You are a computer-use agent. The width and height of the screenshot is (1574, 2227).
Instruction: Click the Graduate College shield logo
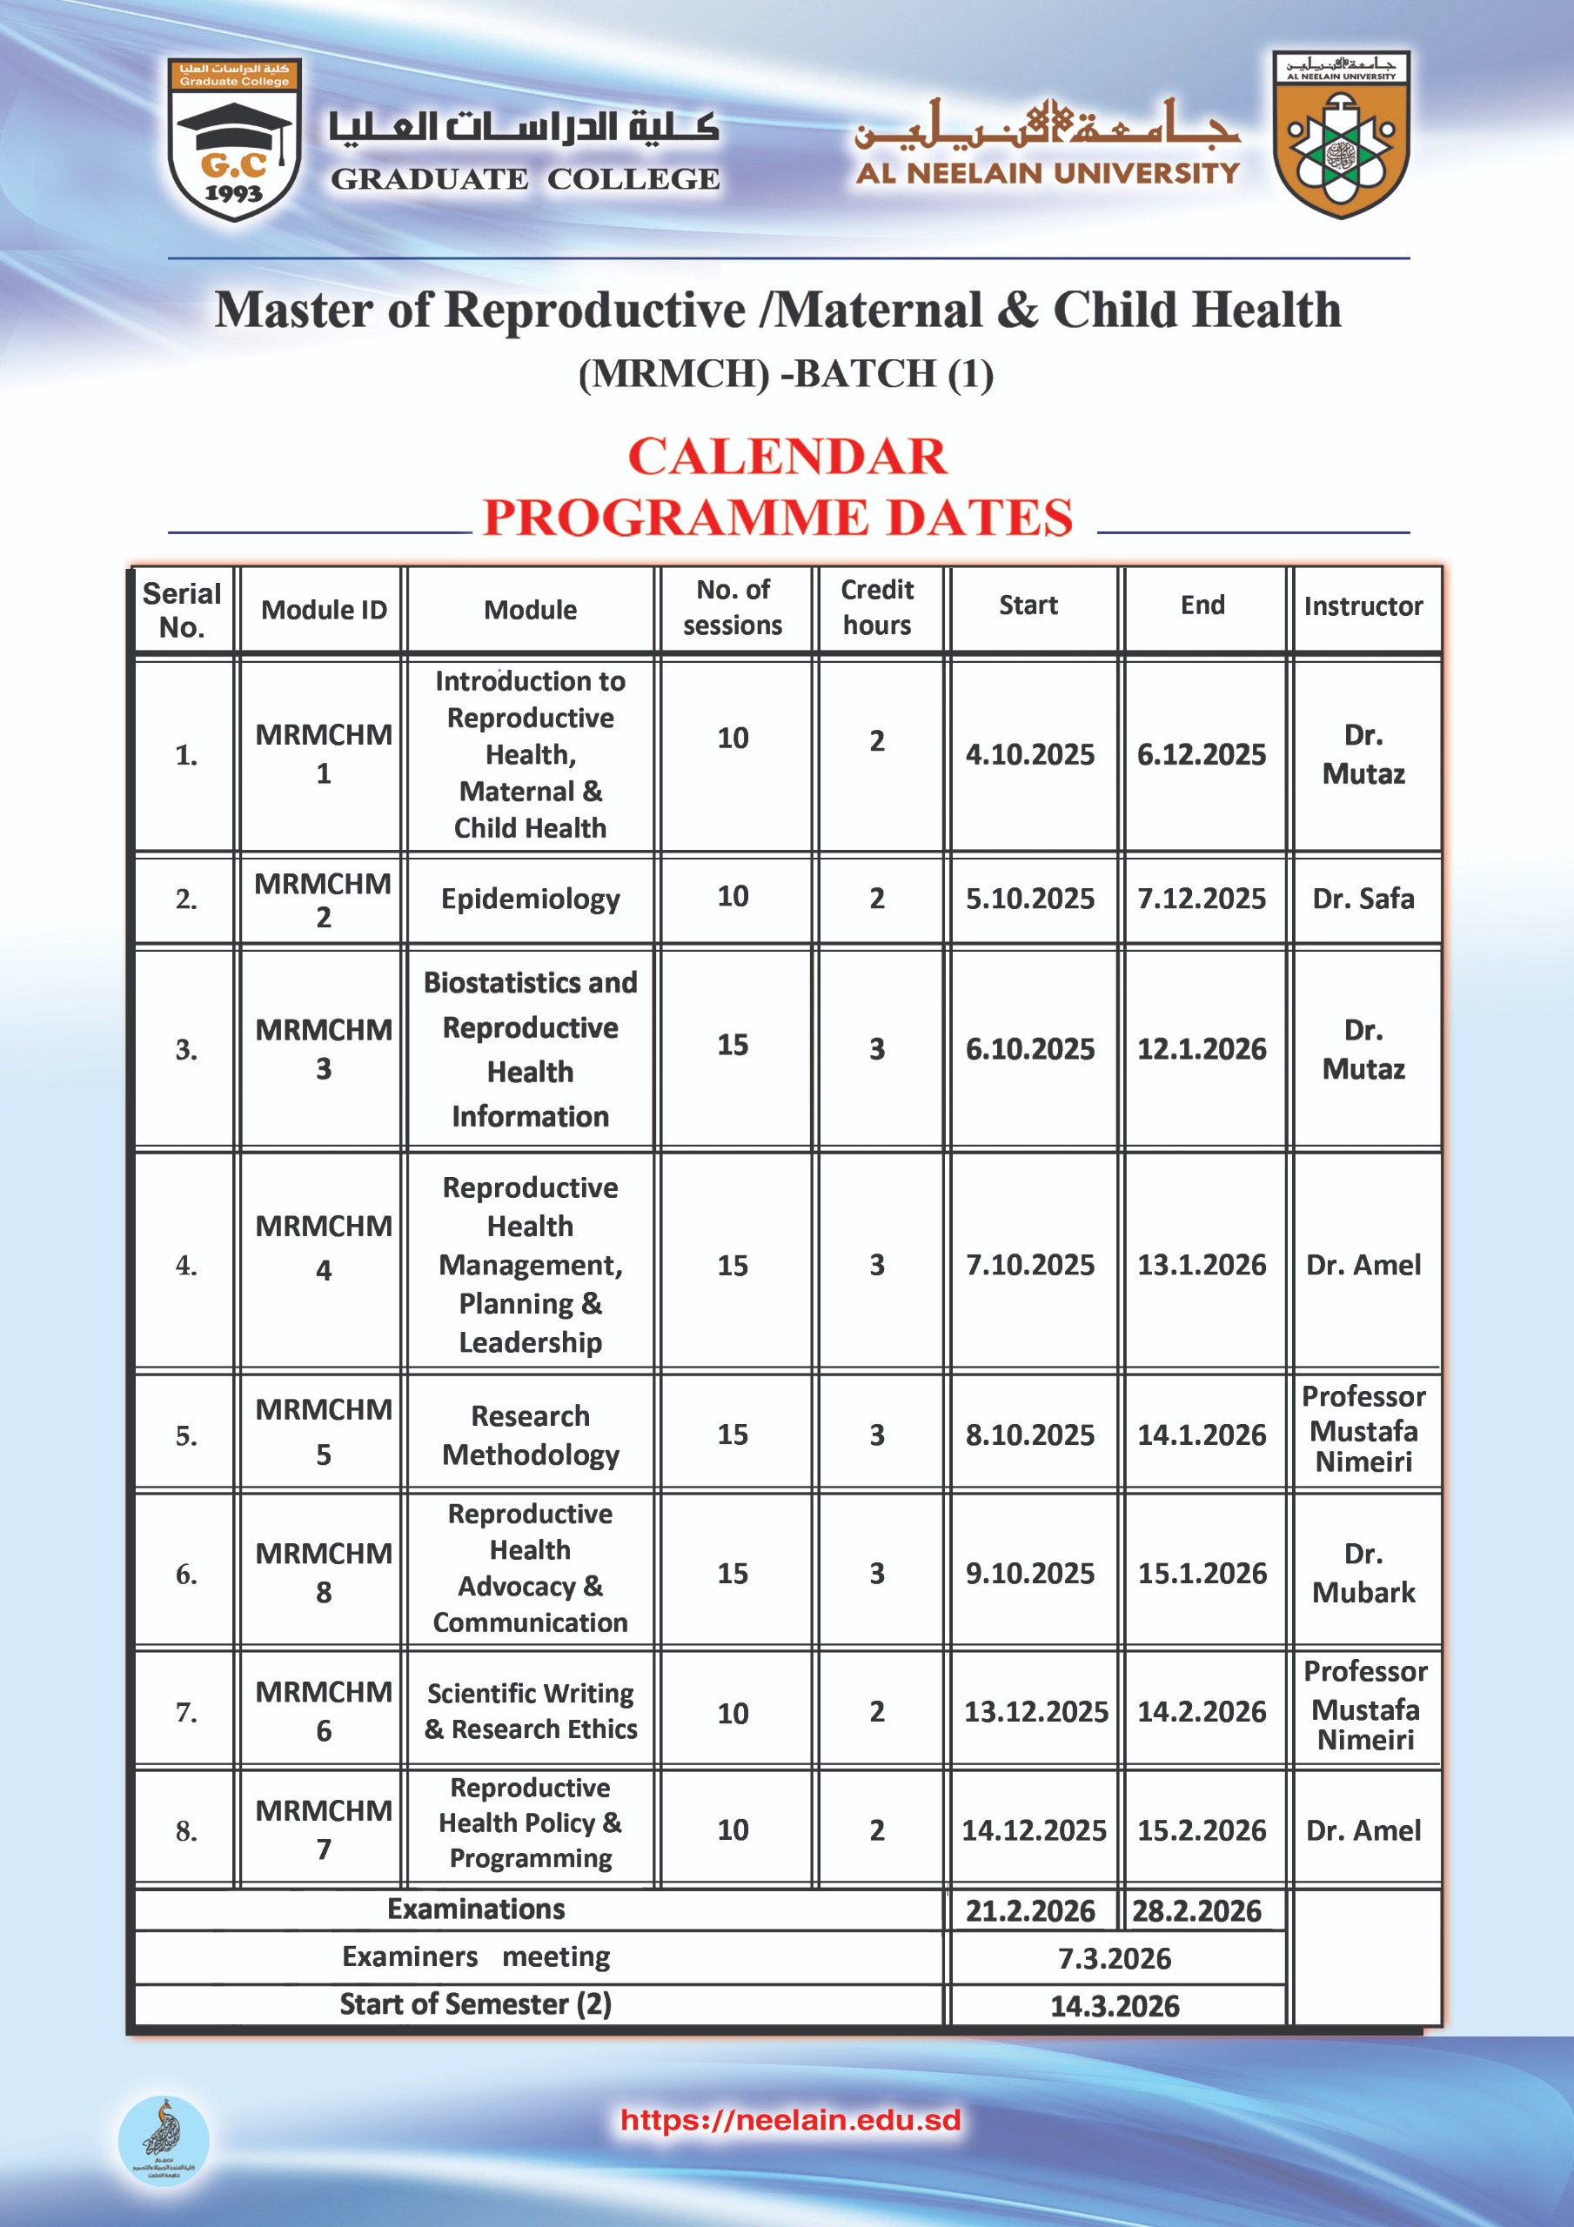coord(234,138)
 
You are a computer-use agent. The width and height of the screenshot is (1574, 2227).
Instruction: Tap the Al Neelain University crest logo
coord(1341,135)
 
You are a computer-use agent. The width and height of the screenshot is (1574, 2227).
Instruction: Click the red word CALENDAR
coord(787,456)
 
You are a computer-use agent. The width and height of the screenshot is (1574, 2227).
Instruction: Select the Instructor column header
coord(1363,607)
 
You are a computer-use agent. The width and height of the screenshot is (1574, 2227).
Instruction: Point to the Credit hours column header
coord(876,607)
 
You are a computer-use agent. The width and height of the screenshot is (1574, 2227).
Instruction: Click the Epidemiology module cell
coord(530,899)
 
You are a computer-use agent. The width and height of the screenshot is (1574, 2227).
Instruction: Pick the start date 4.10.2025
coord(1029,754)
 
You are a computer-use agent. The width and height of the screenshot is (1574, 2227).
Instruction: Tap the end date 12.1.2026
coord(1202,1048)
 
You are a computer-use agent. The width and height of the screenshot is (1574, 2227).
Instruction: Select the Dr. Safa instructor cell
coord(1363,899)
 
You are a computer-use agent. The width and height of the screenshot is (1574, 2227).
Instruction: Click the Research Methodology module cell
coord(530,1435)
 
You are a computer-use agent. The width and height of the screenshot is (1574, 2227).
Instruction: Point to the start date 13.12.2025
coord(1035,1712)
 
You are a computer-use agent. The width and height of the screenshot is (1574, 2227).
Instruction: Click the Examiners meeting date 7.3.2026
coord(1114,1958)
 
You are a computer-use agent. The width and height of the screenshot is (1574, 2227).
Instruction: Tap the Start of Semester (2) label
coord(475,2004)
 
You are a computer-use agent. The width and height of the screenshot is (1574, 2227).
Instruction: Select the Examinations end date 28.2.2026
coord(1196,1911)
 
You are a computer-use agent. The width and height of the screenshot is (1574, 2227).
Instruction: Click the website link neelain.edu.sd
coord(790,2119)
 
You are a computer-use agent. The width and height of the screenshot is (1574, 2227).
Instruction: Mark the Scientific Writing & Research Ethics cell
coord(530,1711)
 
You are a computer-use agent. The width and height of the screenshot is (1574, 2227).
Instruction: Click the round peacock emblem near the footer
coord(163,2141)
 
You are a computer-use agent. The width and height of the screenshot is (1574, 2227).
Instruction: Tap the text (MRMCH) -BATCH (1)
coord(786,374)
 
